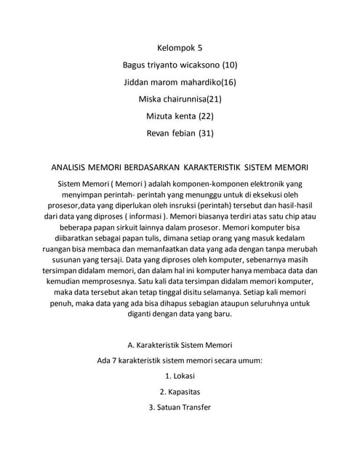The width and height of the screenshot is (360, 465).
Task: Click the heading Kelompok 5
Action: click(180, 49)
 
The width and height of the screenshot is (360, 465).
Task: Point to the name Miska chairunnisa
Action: click(172, 99)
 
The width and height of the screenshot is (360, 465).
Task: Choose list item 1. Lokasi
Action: click(180, 376)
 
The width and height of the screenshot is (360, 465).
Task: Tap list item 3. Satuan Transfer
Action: click(180, 408)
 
